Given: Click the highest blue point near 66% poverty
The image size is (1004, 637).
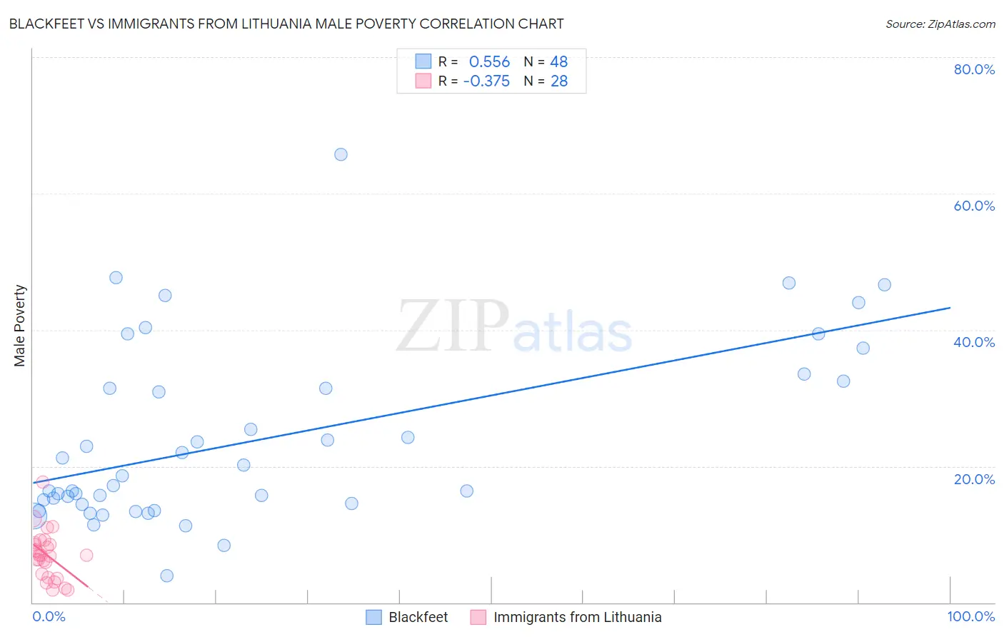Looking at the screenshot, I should tap(341, 154).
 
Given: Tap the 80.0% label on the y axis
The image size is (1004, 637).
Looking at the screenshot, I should tap(974, 69).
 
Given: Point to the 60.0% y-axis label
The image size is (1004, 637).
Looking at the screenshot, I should tap(974, 206).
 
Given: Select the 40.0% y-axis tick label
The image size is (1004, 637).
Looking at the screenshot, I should tap(974, 342).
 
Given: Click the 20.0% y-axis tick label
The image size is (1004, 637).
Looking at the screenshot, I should tap(974, 479).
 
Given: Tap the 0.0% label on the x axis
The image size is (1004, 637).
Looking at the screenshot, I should tap(49, 616).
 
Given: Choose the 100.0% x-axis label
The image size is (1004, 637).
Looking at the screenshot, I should tap(970, 616).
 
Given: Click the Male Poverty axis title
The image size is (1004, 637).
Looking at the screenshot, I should tap(19, 326).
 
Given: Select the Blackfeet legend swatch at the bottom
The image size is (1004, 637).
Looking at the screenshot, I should tap(373, 617).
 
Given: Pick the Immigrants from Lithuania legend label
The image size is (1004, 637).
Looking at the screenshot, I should tap(577, 617).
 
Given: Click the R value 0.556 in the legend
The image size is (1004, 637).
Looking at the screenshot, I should tap(489, 62).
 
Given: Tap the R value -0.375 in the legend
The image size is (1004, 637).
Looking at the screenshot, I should tap(486, 81).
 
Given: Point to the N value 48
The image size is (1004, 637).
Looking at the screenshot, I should tap(559, 62).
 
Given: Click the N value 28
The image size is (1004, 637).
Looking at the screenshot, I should tap(559, 81).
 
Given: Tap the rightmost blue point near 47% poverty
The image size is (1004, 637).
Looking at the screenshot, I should tap(884, 285).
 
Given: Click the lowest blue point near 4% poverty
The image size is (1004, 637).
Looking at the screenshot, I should tap(166, 576).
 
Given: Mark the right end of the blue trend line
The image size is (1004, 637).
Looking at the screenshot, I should tap(950, 308).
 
